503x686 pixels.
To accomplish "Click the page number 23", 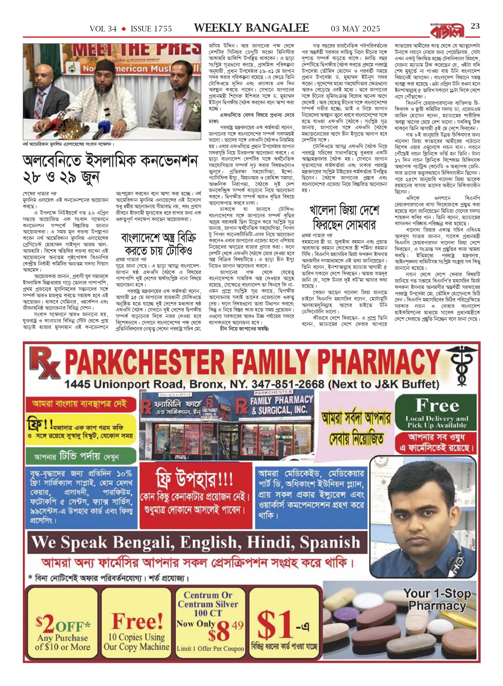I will click(x=475, y=26).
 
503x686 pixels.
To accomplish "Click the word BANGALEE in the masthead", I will click(x=277, y=28).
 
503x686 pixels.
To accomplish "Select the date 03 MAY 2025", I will click(x=355, y=29).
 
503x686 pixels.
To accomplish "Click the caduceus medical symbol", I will click(x=461, y=365).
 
